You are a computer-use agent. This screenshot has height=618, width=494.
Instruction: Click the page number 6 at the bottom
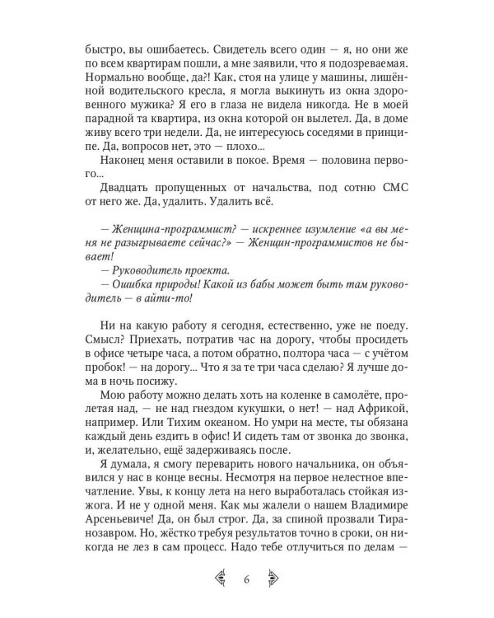246,578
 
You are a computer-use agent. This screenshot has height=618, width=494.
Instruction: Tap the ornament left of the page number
221,578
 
